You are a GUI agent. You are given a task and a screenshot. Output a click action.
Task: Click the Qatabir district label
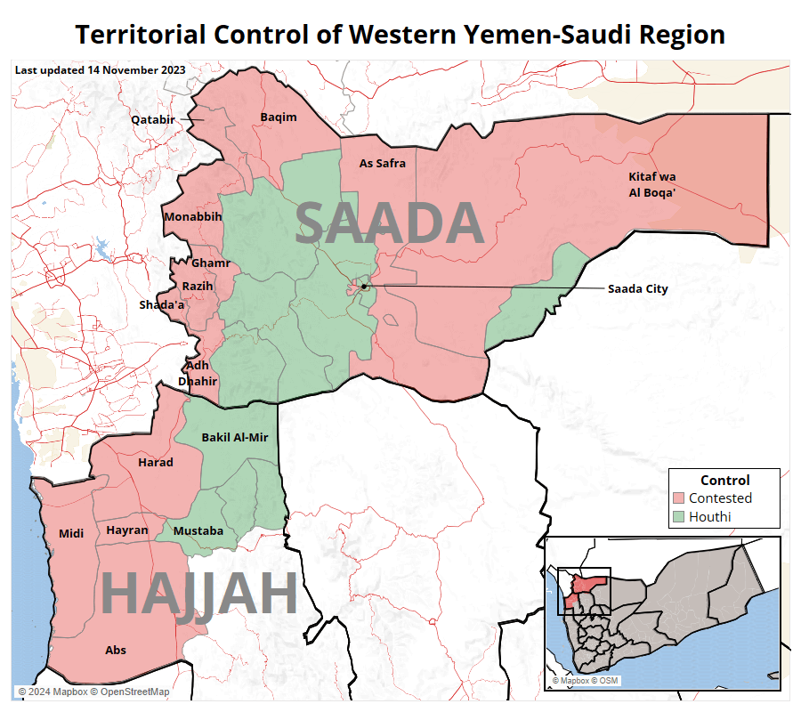pos(153,119)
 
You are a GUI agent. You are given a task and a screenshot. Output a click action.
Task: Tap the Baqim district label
pos(279,117)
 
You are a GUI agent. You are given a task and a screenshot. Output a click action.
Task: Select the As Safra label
pos(382,164)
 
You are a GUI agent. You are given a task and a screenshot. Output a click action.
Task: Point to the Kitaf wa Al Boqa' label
pos(652,184)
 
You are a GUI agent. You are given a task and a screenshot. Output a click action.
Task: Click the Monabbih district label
pos(192,216)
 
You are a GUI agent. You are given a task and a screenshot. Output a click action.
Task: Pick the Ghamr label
pos(211,263)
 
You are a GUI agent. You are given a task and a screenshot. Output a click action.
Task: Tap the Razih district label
pos(198,286)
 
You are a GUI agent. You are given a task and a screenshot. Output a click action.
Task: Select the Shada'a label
pos(161,305)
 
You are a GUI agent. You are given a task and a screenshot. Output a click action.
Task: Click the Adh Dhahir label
pos(197,373)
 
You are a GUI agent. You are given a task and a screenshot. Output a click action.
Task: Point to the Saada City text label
pos(637,288)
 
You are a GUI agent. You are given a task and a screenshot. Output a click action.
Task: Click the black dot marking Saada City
pos(364,287)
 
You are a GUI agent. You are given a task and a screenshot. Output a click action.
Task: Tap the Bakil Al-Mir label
pos(235,437)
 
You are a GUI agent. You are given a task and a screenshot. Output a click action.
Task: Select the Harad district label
pos(156,463)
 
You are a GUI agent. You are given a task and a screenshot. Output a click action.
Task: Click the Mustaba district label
pos(198,531)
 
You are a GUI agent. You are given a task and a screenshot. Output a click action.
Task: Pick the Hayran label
pos(127,530)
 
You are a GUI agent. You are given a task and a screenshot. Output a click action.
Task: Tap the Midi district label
pos(71,534)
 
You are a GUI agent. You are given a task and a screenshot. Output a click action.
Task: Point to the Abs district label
pos(116,651)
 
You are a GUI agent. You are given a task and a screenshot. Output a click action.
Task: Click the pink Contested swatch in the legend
pos(679,498)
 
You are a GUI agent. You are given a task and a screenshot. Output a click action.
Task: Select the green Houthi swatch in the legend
pos(679,516)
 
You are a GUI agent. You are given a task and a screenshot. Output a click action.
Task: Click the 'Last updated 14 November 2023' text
pos(101,69)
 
